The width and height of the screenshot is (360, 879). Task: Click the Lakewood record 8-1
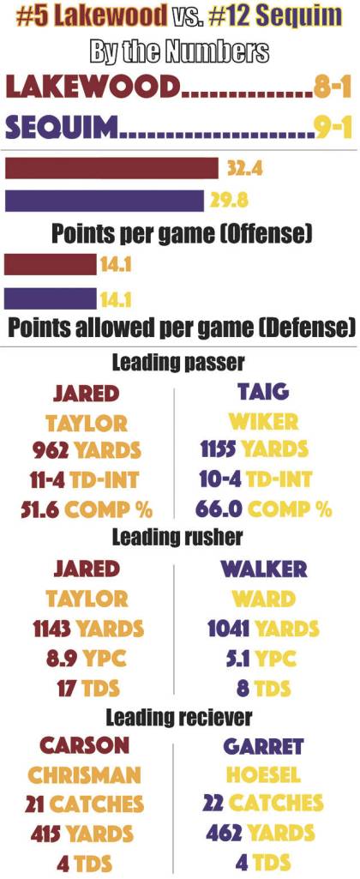(x=331, y=87)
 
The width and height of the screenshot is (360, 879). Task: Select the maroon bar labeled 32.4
(x=111, y=167)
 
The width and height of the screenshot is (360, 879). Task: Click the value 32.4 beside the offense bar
(x=244, y=168)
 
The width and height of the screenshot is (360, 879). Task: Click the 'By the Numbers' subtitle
(x=179, y=51)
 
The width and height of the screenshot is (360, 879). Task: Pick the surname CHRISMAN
(x=85, y=775)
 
